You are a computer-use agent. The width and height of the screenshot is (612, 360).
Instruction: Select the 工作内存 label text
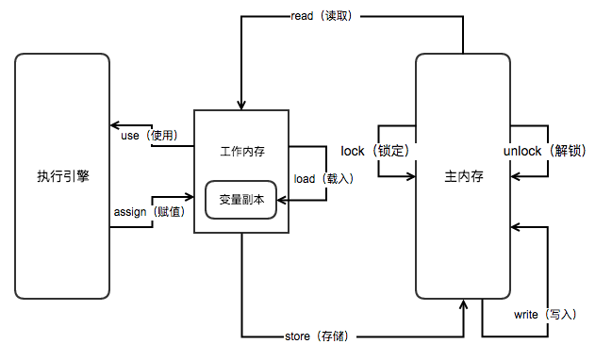pos(240,151)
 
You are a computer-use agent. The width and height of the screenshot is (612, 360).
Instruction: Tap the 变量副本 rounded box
pos(240,199)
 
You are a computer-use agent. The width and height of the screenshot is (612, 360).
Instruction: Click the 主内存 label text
pos(463,176)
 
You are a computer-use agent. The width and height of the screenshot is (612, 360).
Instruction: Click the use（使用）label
pos(150,136)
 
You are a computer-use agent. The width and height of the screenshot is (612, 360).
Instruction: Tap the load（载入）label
pos(323,178)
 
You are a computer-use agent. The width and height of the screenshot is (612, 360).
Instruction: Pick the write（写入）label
pos(544,313)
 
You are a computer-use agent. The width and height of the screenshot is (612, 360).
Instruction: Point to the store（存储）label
pos(323,335)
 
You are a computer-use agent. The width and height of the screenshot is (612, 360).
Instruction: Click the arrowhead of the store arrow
pos(463,305)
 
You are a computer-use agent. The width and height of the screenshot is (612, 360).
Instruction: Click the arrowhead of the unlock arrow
pos(515,176)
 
